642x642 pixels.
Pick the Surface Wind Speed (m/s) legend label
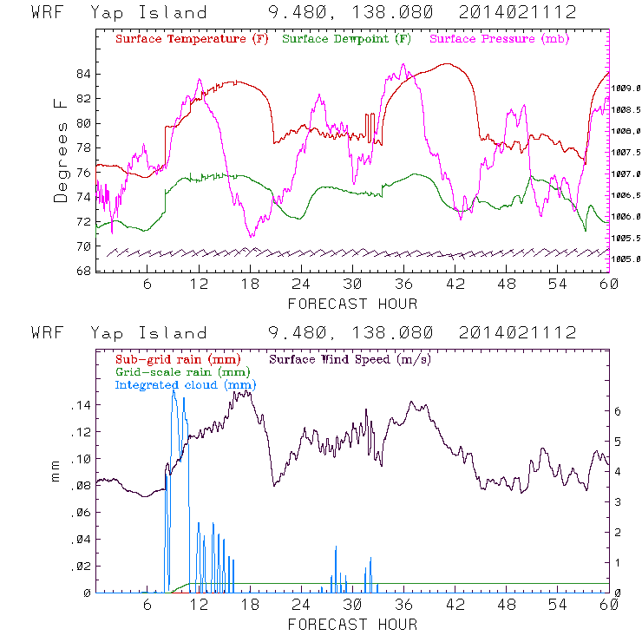click(350, 358)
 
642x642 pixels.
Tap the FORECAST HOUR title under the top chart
click(352, 304)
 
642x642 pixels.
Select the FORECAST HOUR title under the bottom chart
click(352, 625)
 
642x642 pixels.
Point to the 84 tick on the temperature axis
click(83, 74)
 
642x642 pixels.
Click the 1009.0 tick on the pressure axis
click(626, 88)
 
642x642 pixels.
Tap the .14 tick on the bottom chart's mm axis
click(82, 405)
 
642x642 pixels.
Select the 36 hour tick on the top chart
click(403, 285)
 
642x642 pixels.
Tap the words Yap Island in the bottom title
click(148, 333)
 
